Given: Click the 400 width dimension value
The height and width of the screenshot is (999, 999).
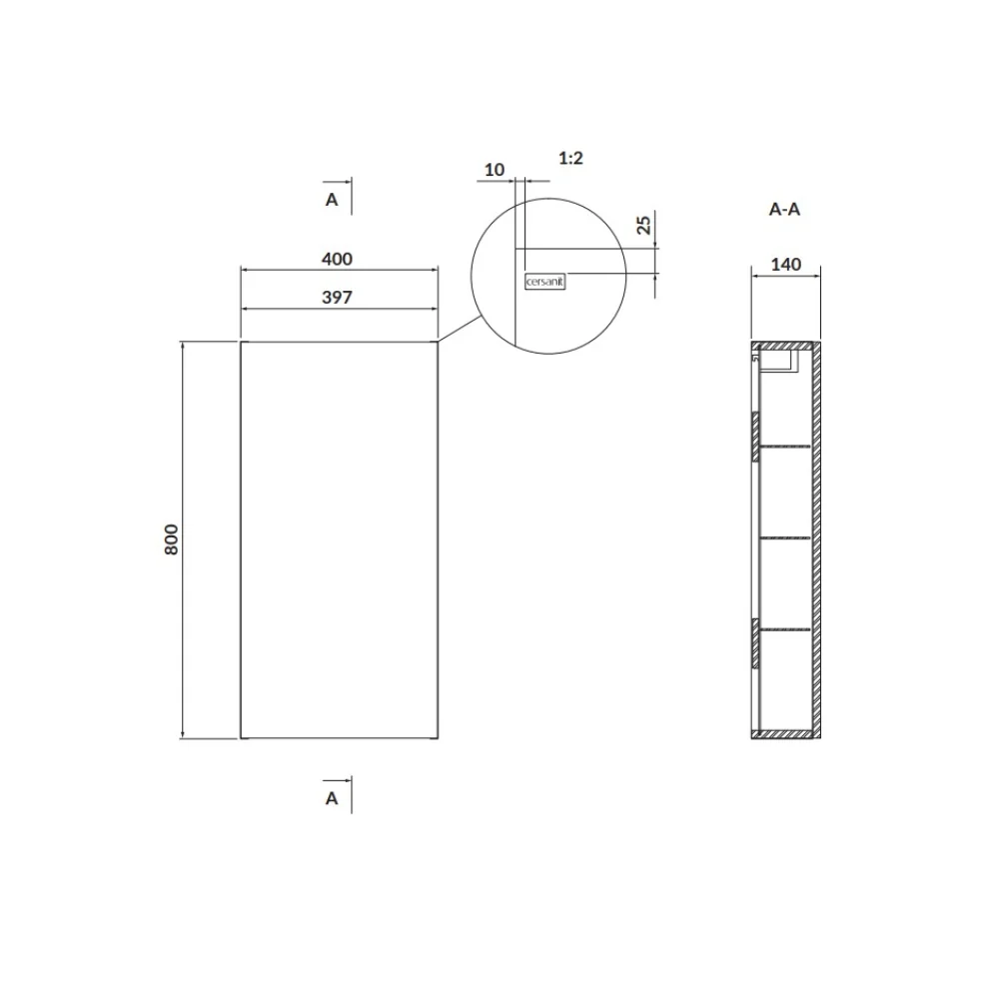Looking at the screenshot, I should (338, 259).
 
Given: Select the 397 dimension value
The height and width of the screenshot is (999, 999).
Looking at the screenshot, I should (338, 298).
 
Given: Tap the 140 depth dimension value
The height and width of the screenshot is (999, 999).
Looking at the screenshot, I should (786, 265).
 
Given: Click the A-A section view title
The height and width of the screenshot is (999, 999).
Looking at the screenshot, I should (784, 210).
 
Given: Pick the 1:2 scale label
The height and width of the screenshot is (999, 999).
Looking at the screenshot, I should (570, 158).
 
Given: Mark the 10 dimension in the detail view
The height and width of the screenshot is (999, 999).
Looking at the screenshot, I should (495, 170).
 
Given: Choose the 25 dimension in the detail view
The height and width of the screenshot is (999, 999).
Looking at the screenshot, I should (644, 225).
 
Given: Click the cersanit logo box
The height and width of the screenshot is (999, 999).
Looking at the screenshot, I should (544, 282).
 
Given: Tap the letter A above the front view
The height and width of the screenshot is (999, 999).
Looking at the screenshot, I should (332, 200).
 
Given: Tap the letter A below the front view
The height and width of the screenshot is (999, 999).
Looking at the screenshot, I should (332, 798).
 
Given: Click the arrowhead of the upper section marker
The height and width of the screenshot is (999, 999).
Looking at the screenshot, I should (346, 182).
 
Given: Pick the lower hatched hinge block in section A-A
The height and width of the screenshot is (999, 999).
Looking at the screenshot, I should (756, 642).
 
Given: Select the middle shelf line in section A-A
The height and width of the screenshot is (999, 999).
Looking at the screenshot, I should (785, 537).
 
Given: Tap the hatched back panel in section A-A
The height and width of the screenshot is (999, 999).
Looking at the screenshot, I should (815, 539).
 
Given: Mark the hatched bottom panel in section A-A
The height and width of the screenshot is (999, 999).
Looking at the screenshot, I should (785, 735).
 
